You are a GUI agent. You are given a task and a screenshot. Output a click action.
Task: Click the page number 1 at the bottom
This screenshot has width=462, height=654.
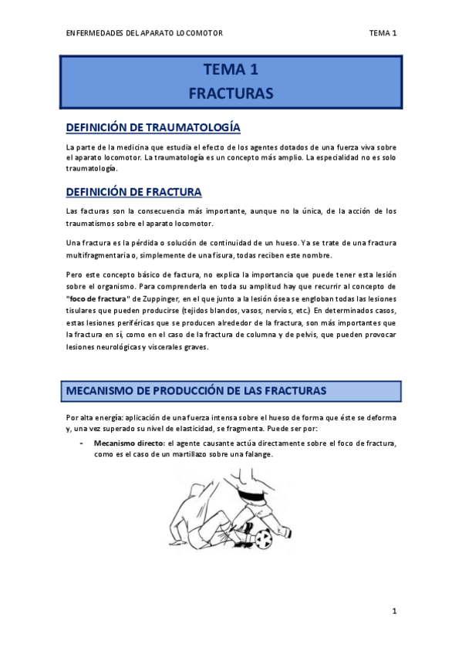(x=394, y=612)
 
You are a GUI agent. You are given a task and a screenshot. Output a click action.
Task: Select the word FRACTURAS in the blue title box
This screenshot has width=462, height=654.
(x=231, y=94)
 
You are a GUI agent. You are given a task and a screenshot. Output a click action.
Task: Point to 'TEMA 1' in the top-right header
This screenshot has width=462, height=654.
(x=383, y=33)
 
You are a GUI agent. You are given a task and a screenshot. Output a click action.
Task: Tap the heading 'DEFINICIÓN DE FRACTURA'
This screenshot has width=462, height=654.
(x=134, y=192)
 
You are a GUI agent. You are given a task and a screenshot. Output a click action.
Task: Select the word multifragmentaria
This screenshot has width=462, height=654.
(x=97, y=255)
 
